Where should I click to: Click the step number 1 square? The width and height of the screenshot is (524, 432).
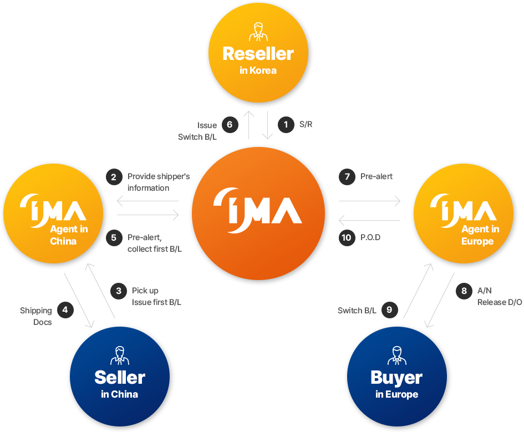(286, 125)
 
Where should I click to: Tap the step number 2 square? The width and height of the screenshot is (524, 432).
(114, 177)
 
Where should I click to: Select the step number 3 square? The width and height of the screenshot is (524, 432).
(119, 291)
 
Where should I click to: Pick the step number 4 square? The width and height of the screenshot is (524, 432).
(65, 309)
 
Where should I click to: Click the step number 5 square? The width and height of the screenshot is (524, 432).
(114, 237)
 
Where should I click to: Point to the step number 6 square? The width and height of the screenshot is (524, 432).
(230, 125)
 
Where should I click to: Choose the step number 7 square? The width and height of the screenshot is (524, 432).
(347, 177)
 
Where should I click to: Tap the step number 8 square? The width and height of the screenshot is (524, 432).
(464, 291)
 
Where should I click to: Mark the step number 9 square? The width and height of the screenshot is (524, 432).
(389, 309)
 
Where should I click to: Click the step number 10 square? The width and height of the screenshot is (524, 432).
(347, 237)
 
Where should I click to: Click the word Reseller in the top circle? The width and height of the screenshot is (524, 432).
(258, 54)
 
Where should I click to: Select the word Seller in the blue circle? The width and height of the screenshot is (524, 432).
(120, 378)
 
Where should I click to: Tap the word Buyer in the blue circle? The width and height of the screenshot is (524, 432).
(396, 378)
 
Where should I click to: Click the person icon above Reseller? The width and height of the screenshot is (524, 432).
(258, 32)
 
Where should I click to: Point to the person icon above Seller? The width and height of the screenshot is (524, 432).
(120, 355)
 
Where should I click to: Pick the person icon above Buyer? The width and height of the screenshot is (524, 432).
(396, 355)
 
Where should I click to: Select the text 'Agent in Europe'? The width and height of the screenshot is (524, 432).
(480, 235)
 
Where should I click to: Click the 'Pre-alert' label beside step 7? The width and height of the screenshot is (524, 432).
(377, 176)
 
